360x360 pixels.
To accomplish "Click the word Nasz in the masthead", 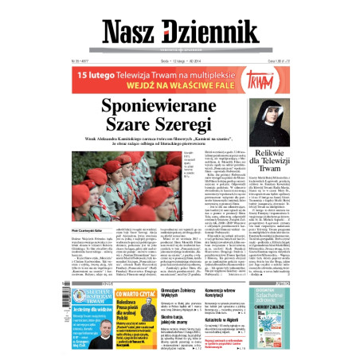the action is click(131, 30).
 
